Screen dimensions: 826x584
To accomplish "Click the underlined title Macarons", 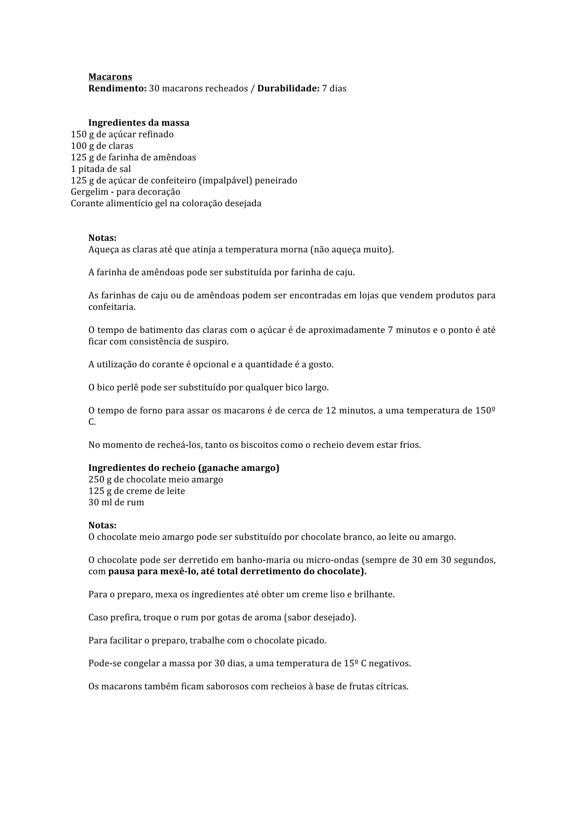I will pos(110,77).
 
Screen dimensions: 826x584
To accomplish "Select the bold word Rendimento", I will pos(117,88).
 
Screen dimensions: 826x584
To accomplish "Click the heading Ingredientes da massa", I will pos(139,123).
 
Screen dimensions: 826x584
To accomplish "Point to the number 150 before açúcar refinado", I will pos(79,135).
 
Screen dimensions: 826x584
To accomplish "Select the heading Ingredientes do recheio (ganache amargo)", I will pos(184,468).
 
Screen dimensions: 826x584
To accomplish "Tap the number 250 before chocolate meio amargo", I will pos(96,480).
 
